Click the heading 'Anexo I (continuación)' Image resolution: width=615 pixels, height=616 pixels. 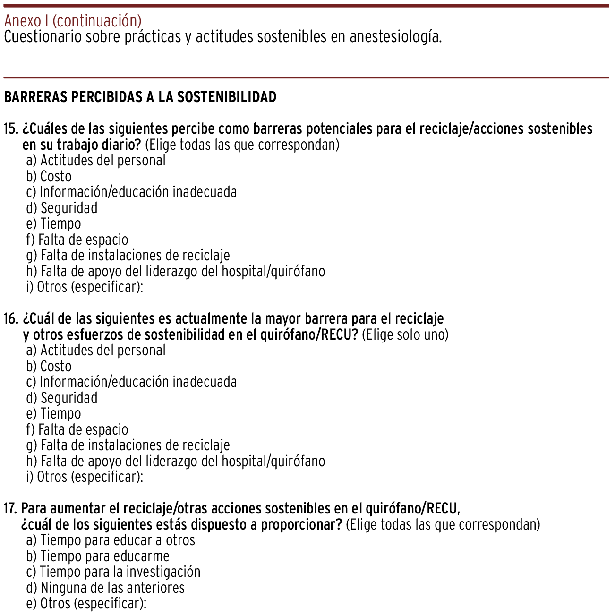(73, 21)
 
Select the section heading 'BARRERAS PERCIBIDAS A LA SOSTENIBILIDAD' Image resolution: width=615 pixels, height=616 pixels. (140, 97)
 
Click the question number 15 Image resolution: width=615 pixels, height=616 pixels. (11, 128)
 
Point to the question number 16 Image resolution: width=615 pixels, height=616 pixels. (11, 318)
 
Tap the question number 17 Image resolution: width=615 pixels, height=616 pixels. (10, 508)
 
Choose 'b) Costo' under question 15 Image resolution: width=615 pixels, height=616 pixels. (49, 176)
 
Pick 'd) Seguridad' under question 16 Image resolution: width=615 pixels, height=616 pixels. (62, 398)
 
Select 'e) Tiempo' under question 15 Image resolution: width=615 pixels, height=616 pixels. (54, 223)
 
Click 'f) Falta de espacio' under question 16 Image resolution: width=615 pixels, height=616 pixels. (77, 429)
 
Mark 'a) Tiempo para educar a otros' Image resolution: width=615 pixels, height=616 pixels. (111, 540)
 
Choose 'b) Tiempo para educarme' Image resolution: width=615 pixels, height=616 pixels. (98, 556)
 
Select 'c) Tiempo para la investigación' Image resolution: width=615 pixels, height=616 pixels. (113, 572)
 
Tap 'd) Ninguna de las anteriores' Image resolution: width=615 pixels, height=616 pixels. (105, 588)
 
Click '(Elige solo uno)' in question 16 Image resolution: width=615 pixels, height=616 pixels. (405, 334)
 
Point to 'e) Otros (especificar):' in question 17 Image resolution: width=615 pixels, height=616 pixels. (86, 603)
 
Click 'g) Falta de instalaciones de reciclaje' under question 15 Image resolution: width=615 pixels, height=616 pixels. (128, 255)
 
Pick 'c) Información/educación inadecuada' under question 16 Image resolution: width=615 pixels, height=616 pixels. (132, 382)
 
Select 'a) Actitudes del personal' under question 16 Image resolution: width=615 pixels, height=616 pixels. (96, 350)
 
